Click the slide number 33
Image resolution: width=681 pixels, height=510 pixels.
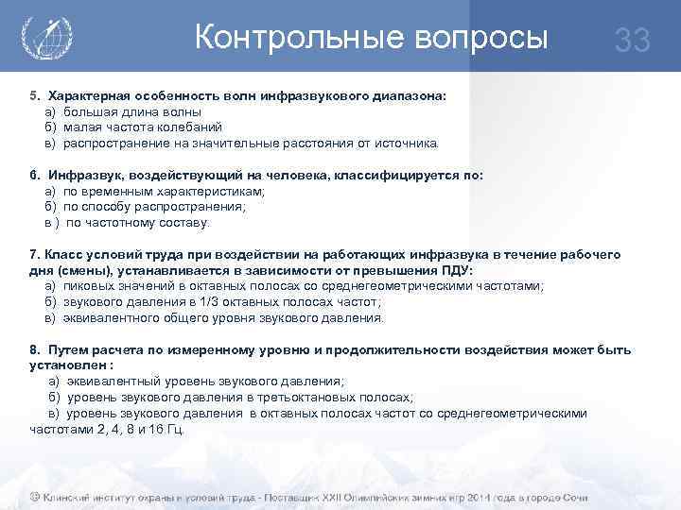pyautogui.click(x=633, y=41)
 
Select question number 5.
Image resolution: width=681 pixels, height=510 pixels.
pyautogui.click(x=35, y=97)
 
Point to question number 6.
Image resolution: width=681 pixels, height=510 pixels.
pyautogui.click(x=35, y=176)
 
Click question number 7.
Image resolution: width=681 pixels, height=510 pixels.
pyautogui.click(x=35, y=255)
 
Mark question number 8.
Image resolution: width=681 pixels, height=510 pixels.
pyautogui.click(x=35, y=349)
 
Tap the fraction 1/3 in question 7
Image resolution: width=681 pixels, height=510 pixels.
pyautogui.click(x=212, y=302)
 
